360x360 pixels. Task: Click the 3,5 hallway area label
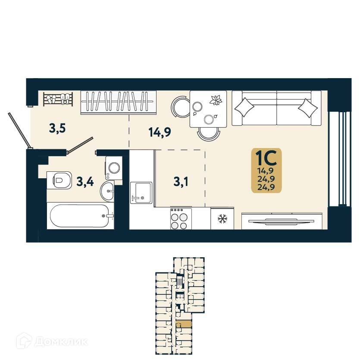(x=57, y=128)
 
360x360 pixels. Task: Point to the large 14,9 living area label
(x=160, y=132)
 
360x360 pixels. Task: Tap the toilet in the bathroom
(x=59, y=179)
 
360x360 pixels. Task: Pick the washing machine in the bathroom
(x=114, y=167)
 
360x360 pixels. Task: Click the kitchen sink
(x=141, y=193)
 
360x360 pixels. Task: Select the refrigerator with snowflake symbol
(x=222, y=219)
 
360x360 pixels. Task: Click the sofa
(x=276, y=108)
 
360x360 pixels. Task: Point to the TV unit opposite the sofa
(x=281, y=221)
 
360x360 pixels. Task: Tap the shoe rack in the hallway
(x=58, y=99)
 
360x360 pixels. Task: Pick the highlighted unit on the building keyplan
(x=185, y=324)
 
